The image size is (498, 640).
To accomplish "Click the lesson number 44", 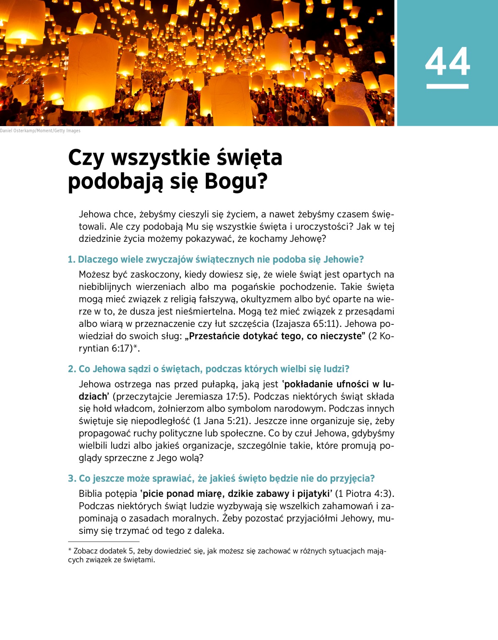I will (447, 61).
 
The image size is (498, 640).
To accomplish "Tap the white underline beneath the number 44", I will (447, 86).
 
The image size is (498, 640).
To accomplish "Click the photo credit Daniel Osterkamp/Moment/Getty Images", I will (40, 131).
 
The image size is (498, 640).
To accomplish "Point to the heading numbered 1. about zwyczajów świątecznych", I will (216, 260).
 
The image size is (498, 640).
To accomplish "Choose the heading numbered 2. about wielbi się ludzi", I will (209, 369).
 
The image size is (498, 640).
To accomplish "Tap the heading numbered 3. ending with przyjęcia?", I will (221, 479).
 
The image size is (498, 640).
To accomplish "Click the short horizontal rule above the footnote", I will (104, 542).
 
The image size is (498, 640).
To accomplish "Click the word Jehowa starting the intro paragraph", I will (95, 214).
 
